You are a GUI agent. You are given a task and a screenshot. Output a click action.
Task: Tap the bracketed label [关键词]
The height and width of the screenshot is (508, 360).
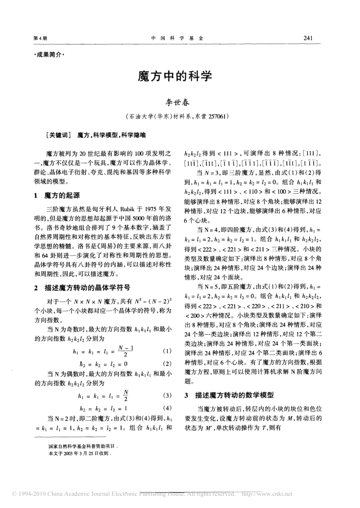point(58,135)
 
